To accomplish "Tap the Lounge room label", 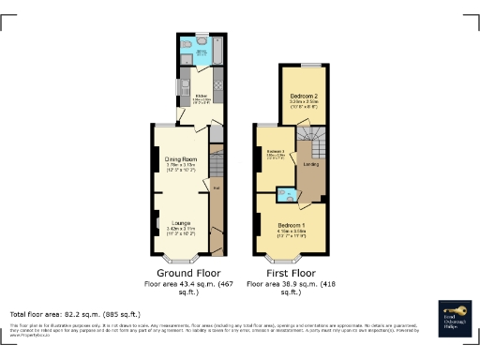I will coord(180,222).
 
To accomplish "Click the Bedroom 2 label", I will coord(306,97).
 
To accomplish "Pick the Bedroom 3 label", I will coord(274,151).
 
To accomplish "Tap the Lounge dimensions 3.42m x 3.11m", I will coord(180,230).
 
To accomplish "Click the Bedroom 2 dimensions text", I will coord(306,104).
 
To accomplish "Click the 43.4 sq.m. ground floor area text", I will coord(188,282).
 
